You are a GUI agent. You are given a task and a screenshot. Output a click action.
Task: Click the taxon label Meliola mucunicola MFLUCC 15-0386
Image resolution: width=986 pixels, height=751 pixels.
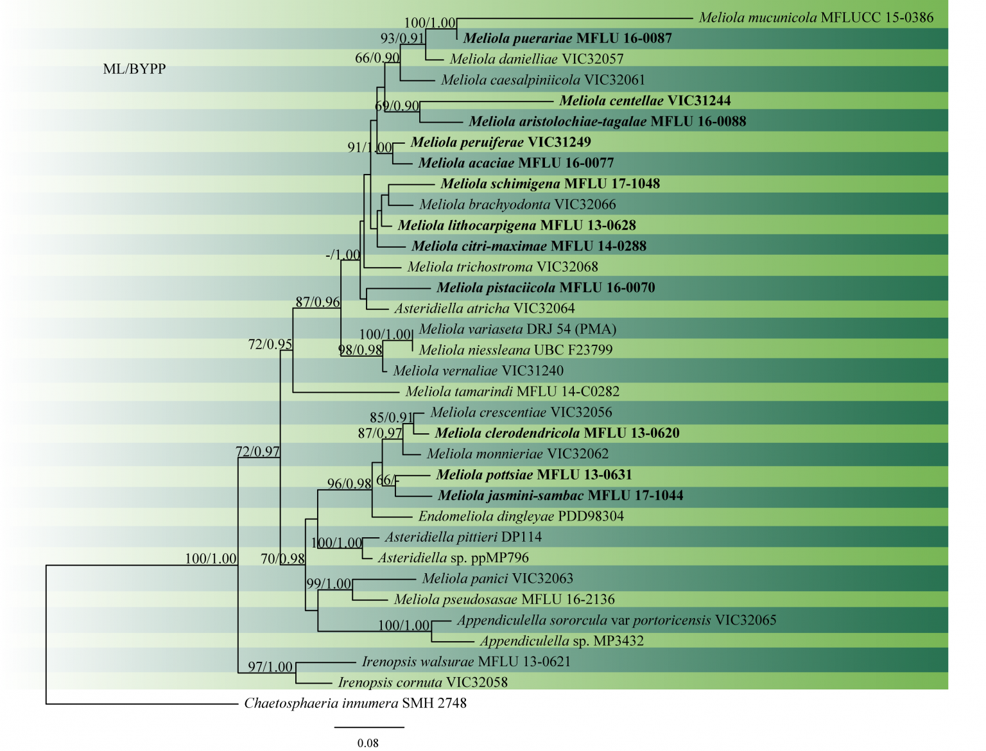pyautogui.click(x=816, y=18)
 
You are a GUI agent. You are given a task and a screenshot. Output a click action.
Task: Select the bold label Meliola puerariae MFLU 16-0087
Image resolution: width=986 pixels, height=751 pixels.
pyautogui.click(x=567, y=39)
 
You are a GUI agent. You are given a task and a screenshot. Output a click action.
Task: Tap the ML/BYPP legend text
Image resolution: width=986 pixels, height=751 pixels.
pyautogui.click(x=134, y=69)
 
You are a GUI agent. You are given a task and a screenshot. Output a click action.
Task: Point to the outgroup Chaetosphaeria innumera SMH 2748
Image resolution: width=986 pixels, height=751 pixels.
pyautogui.click(x=355, y=704)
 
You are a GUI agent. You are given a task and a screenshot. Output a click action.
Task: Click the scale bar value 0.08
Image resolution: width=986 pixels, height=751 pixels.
pyautogui.click(x=368, y=743)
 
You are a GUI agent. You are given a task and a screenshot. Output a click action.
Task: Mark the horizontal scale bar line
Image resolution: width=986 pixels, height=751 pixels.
pyautogui.click(x=369, y=727)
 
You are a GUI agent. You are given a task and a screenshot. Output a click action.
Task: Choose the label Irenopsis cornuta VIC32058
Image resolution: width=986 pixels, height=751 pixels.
pyautogui.click(x=422, y=682)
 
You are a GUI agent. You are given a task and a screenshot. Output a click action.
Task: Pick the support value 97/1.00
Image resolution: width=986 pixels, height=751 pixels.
pyautogui.click(x=270, y=667)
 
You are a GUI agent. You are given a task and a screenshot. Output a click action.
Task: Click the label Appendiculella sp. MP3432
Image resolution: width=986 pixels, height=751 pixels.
pyautogui.click(x=562, y=641)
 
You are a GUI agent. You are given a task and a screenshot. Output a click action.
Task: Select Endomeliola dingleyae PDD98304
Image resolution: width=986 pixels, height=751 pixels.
pyautogui.click(x=521, y=517)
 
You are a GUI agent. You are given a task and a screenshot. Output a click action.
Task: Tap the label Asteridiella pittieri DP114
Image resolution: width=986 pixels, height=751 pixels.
pyautogui.click(x=463, y=537)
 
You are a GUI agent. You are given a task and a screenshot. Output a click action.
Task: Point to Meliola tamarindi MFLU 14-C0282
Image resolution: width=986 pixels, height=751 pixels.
pyautogui.click(x=512, y=392)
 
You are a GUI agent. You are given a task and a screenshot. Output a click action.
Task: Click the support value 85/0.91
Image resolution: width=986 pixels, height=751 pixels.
pyautogui.click(x=392, y=418)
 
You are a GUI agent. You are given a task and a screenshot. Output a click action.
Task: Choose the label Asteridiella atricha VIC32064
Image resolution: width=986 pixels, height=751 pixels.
pyautogui.click(x=484, y=309)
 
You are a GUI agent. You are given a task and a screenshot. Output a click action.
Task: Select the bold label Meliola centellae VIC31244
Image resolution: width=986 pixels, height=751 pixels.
pyautogui.click(x=644, y=101)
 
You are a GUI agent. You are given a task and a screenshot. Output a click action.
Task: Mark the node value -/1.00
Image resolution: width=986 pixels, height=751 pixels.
pyautogui.click(x=343, y=255)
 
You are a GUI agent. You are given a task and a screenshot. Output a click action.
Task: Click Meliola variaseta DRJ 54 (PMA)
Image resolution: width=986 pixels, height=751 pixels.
pyautogui.click(x=517, y=329)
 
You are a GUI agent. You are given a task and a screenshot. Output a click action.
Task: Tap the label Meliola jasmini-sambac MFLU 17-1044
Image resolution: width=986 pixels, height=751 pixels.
pyautogui.click(x=560, y=496)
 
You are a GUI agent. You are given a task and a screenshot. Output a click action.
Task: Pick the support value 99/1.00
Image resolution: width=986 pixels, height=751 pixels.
pyautogui.click(x=329, y=584)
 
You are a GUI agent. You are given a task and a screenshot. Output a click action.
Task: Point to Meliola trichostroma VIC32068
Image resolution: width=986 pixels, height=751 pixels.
pyautogui.click(x=502, y=267)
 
